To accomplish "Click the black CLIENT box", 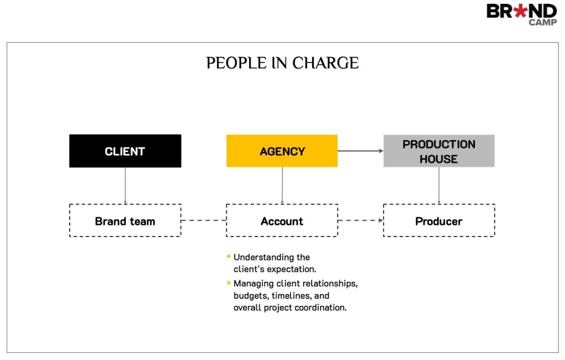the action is (x=125, y=151).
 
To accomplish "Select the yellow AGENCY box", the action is (x=282, y=151).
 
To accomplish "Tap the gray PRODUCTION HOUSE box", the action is (x=439, y=151).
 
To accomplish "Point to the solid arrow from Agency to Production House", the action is (x=361, y=151).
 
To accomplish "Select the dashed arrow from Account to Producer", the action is (x=361, y=220).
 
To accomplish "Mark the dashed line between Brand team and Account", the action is (x=204, y=220).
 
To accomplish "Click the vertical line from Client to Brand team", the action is (x=125, y=186).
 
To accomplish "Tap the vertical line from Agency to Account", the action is (x=282, y=185).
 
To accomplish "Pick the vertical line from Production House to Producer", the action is (x=439, y=185).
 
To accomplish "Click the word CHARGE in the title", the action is (x=325, y=63).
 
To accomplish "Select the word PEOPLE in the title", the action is (x=236, y=63).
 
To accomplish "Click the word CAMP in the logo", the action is (x=543, y=23).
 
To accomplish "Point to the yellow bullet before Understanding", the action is (x=229, y=256).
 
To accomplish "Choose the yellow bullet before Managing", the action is (x=229, y=283).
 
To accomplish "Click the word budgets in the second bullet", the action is (x=251, y=296).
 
